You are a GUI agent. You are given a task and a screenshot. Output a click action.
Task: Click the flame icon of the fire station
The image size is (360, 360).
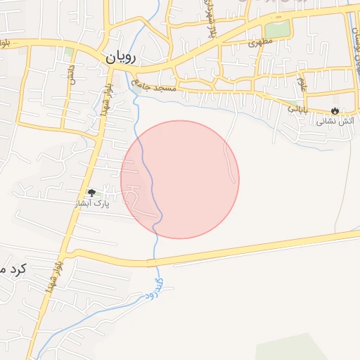coord(335,110)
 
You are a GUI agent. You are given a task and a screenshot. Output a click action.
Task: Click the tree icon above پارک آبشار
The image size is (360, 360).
coord(91,193)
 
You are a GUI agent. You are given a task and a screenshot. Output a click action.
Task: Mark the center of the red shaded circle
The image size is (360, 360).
coord(180,179)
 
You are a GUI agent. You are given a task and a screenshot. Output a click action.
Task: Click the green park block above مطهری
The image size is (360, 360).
coord(278,29)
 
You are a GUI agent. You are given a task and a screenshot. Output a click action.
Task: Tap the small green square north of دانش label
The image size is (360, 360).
coord(69,52)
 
